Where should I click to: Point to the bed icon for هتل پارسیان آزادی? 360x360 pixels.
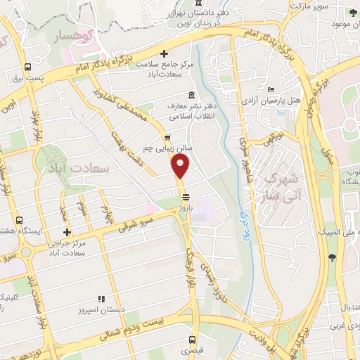pos(271,89)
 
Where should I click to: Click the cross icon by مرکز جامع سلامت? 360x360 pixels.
pos(164,53)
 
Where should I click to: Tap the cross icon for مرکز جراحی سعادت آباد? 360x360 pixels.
pos(67,233)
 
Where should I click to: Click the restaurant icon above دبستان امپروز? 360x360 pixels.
pos(101,300)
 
